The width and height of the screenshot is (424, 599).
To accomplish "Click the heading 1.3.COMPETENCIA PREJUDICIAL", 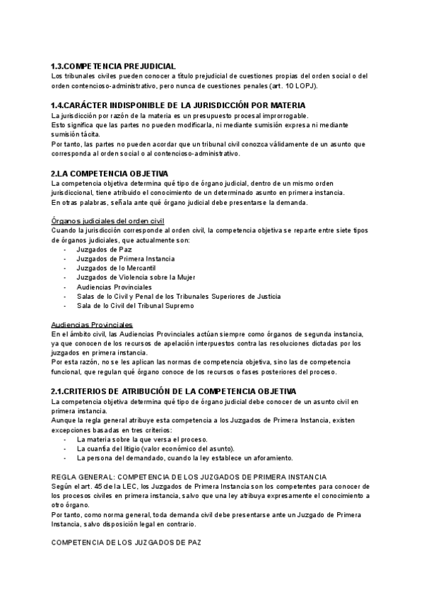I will click(114, 66).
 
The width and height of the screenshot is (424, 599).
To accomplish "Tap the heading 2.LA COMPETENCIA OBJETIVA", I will click(110, 173).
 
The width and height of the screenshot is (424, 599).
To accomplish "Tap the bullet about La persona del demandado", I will click(173, 458).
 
